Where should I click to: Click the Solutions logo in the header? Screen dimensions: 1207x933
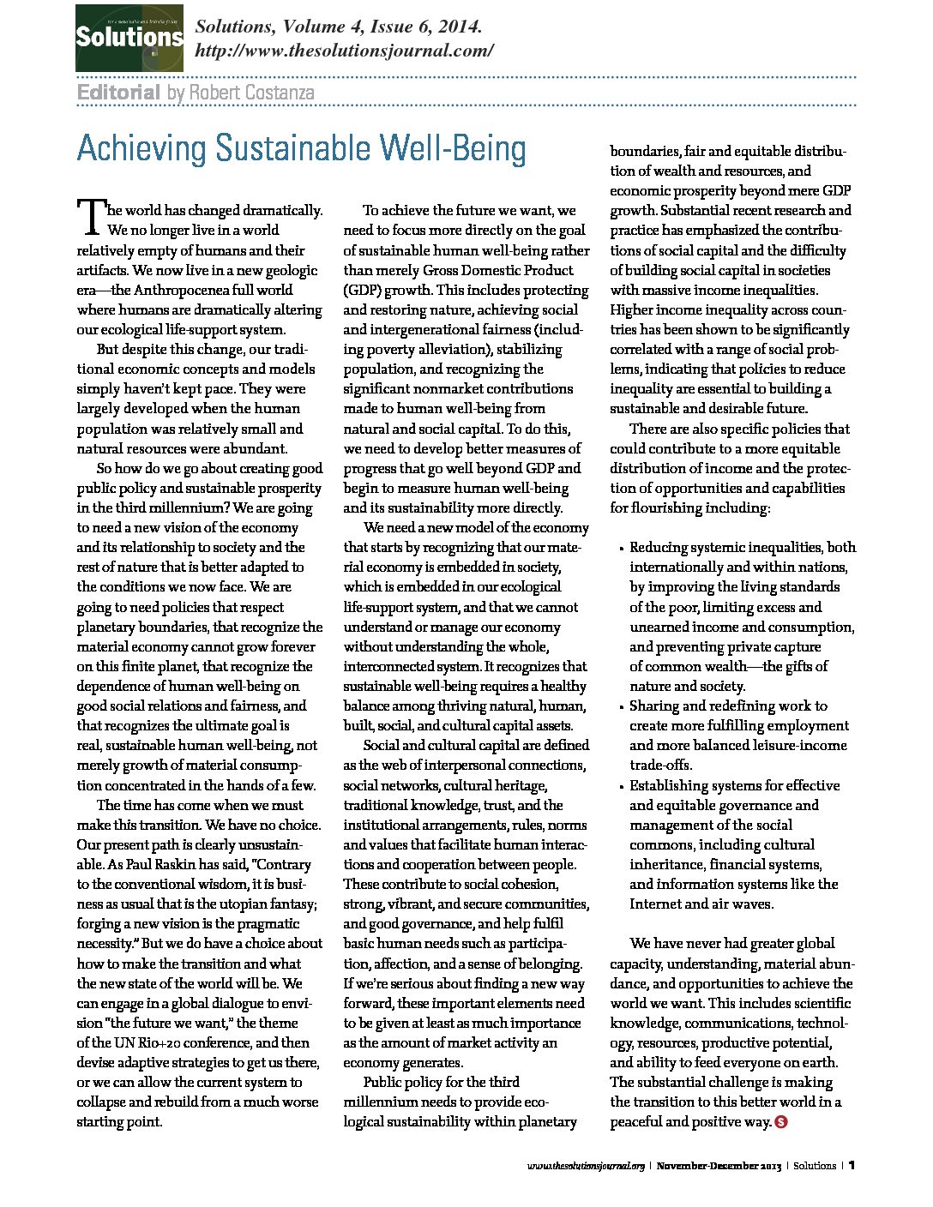pos(129,38)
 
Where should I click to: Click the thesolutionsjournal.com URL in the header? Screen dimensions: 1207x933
pos(344,51)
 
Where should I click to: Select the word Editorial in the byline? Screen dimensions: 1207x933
pos(118,93)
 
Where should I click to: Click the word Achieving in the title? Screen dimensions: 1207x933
pos(141,149)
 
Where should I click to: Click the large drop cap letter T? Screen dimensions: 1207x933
pos(90,216)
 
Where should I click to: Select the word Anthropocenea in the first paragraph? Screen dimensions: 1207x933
pos(182,290)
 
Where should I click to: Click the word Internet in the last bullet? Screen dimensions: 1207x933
pos(659,904)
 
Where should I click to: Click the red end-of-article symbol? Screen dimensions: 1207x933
pos(781,1121)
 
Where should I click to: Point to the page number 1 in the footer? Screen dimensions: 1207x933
pos(852,1165)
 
